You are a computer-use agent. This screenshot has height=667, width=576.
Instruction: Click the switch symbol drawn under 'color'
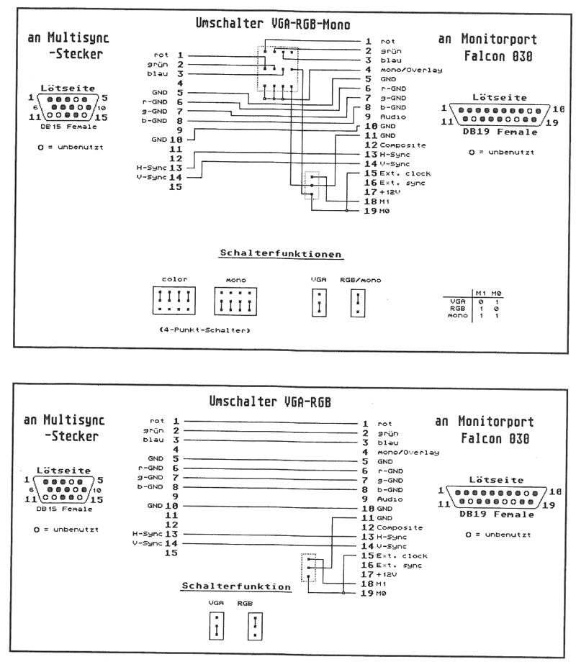pyautogui.click(x=173, y=300)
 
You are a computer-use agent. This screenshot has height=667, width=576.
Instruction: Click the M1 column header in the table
pyautogui.click(x=479, y=292)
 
